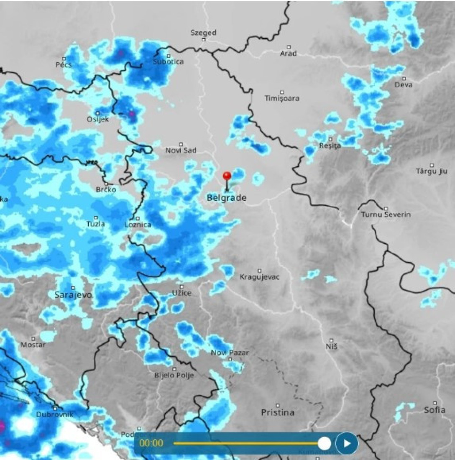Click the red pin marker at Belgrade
[x=227, y=176]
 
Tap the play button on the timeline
[x=346, y=443]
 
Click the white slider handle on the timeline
[x=324, y=443]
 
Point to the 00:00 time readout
[x=151, y=443]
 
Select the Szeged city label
[x=203, y=33]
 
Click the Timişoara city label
[x=282, y=98]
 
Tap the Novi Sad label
[x=181, y=150]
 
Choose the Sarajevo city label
[x=73, y=295]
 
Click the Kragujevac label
[x=260, y=277]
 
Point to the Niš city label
[x=331, y=346]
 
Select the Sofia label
[x=435, y=410]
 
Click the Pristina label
[x=278, y=412]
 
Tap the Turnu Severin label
[x=386, y=215]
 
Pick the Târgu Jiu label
[x=432, y=171]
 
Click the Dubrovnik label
[x=55, y=414]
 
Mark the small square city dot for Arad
[x=289, y=47]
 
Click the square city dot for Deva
[x=404, y=78]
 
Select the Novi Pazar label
[x=230, y=353]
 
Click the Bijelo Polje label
[x=174, y=375]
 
